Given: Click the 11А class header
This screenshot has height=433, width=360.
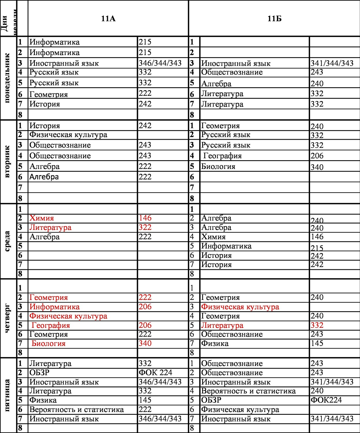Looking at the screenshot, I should pos(108,19).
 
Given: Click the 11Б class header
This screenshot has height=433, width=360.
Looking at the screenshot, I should pos(274,19).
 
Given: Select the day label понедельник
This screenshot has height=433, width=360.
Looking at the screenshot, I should pos(7,78).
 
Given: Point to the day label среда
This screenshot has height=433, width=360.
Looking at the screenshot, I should pos(7,241).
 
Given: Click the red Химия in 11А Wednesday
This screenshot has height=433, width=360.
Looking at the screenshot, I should pos(42,218).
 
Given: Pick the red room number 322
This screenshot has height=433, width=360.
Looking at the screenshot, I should pos(145,227).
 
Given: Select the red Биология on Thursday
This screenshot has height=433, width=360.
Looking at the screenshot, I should pos(48,344).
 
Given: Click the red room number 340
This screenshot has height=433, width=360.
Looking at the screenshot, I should pos(145,344).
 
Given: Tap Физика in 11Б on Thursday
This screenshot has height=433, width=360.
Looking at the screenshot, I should pos(215,344).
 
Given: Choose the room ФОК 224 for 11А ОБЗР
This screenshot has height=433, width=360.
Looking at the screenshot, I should pos(155,373).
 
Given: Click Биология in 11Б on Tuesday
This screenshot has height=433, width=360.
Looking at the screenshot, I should pos(218,167).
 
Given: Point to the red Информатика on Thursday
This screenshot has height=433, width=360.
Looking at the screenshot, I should pos(55,307).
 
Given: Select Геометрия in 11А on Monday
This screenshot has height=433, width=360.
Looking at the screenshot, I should pos(48,94).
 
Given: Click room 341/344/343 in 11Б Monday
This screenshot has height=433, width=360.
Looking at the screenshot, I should pos(332,63).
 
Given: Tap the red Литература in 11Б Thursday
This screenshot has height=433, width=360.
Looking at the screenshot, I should pos(222,325).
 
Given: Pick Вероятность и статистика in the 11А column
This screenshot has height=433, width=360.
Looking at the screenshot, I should pos(76,410).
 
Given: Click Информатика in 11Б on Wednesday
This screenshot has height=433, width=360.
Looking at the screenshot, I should pos(226,246).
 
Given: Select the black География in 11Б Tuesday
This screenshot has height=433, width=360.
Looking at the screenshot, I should pos(222,156).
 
